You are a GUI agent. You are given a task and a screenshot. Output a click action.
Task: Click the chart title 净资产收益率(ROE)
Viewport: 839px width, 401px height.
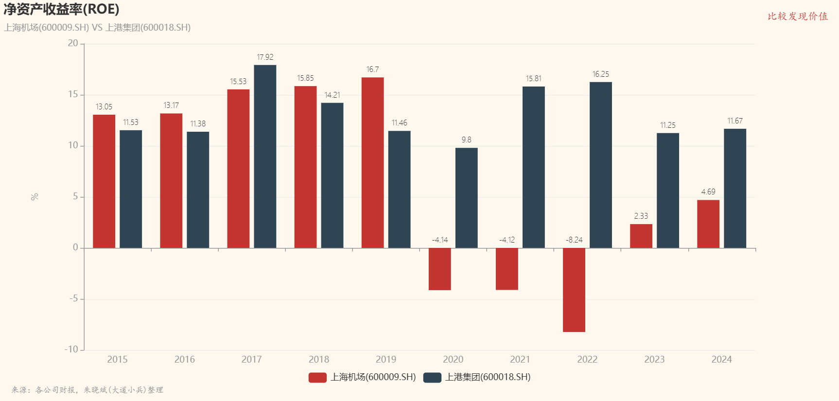coord(61,9)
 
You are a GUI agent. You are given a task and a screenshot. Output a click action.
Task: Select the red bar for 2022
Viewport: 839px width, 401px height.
coord(574,290)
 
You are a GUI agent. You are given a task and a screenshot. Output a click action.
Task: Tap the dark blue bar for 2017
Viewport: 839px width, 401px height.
coord(265,157)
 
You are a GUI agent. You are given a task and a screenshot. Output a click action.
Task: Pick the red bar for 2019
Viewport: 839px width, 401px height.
coord(372,162)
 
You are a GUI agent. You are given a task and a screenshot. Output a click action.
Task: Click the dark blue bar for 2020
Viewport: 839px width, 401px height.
coord(466,198)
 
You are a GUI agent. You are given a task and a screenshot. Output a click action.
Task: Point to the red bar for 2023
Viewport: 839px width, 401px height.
coord(641,236)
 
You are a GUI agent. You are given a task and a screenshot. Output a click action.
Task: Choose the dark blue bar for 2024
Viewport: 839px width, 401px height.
coord(734,189)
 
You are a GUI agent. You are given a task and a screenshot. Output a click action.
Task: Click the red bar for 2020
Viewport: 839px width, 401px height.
coord(439,269)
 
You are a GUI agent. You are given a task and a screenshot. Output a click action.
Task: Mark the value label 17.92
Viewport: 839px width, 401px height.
coord(265,57)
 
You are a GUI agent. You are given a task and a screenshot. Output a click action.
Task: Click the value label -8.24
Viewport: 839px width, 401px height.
coord(574,240)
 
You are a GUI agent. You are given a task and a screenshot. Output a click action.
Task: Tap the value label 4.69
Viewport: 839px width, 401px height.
coord(708,192)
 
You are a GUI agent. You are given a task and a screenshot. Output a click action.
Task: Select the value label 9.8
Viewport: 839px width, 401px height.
coord(466,140)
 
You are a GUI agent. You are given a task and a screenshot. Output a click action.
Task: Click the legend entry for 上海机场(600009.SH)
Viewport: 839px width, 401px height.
coord(362,377)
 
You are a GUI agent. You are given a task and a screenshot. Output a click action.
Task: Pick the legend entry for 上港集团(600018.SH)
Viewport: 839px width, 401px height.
coord(477,377)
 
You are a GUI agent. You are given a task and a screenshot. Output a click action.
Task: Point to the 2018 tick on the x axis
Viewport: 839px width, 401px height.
coord(319,360)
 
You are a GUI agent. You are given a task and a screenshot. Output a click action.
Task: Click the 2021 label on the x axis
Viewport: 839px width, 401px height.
coord(520,360)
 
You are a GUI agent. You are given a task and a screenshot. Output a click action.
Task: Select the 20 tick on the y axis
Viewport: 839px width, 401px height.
coord(73,43)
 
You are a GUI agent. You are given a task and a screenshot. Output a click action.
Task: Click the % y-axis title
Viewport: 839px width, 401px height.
coord(35,197)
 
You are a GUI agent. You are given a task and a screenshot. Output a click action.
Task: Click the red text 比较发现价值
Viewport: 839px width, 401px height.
coord(798,17)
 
